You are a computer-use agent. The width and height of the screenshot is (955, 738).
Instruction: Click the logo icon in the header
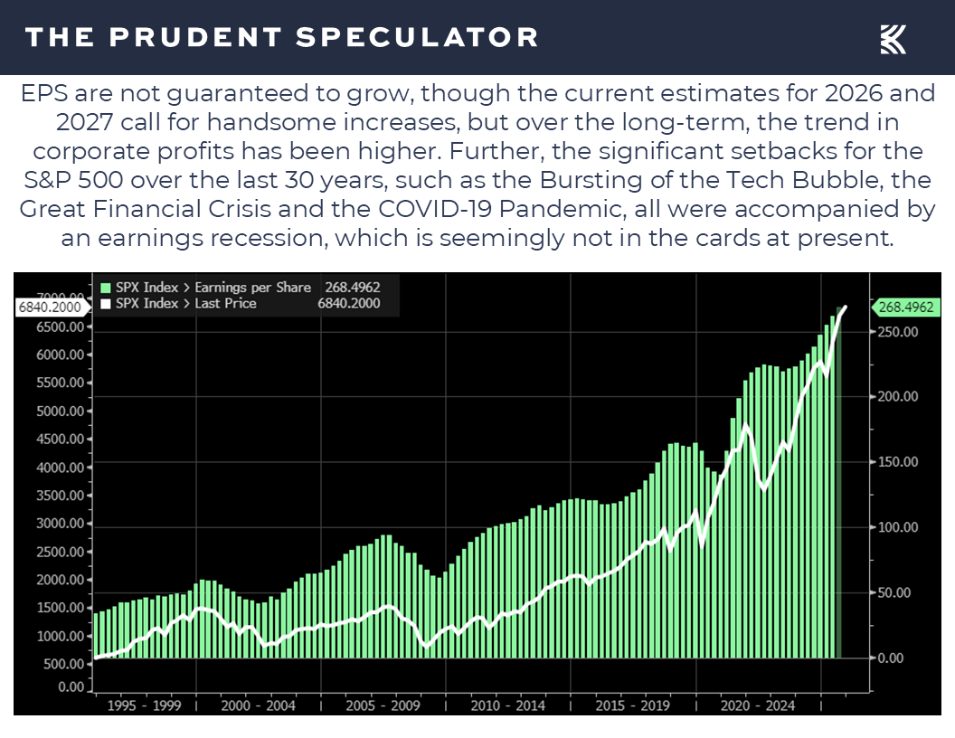893,38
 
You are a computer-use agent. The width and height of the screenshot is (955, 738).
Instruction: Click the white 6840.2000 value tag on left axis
51,307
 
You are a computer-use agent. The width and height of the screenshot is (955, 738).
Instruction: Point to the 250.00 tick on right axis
898,332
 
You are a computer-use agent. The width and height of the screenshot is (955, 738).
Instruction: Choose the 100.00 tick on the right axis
898,527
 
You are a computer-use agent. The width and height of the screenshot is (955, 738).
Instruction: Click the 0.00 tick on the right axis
891,658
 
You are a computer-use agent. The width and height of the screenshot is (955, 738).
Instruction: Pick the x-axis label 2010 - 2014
508,705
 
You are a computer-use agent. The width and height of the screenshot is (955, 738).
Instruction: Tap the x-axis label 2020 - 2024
757,705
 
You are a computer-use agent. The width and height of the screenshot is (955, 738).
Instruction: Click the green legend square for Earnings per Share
105,288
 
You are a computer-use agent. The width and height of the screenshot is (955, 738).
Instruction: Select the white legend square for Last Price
105,304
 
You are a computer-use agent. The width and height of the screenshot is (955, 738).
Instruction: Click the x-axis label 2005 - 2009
384,705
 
